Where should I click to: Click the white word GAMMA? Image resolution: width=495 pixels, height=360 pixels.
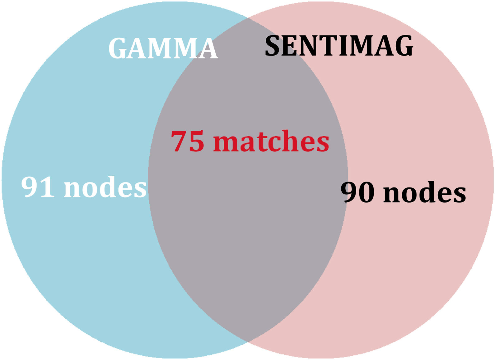163,48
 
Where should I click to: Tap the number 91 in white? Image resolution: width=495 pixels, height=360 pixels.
38,187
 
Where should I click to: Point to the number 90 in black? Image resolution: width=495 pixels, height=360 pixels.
357,192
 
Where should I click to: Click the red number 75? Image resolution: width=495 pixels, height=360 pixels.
188,141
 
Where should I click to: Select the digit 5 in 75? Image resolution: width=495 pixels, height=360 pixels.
196,142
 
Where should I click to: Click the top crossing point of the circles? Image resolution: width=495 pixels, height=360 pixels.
248,18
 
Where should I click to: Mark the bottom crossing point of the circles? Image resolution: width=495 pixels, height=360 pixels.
248,342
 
